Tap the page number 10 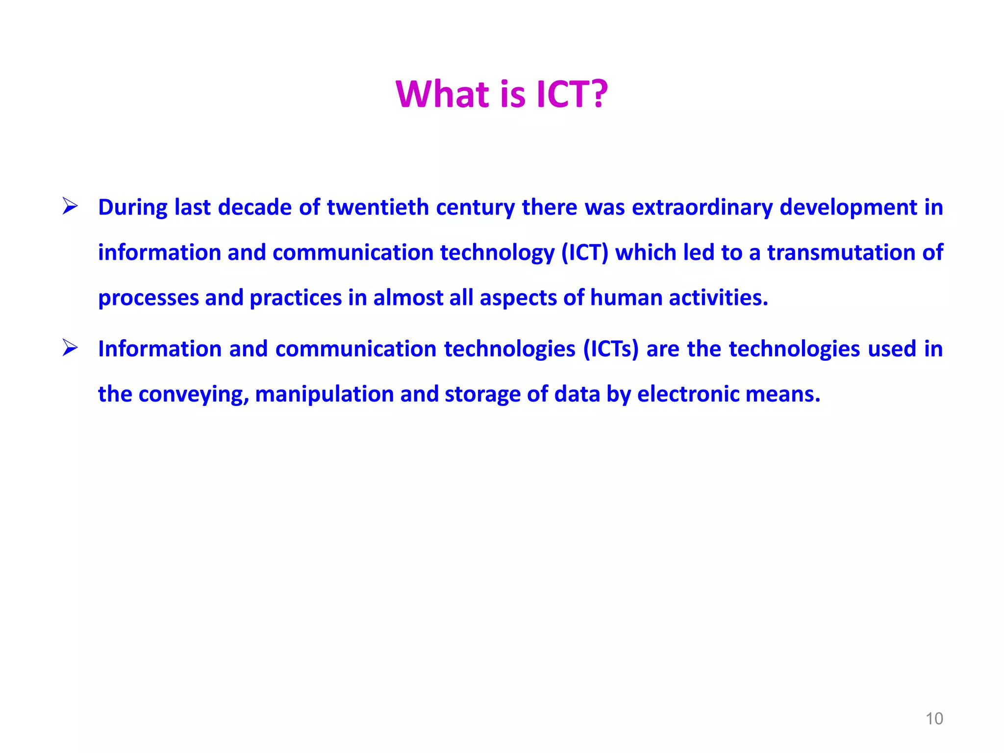pyautogui.click(x=934, y=719)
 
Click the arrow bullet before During pyautogui.click(x=70, y=206)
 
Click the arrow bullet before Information pyautogui.click(x=70, y=348)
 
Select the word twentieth pyautogui.click(x=377, y=207)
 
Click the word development pyautogui.click(x=848, y=207)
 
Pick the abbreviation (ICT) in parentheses pyautogui.click(x=584, y=252)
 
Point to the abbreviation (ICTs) pyautogui.click(x=611, y=349)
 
